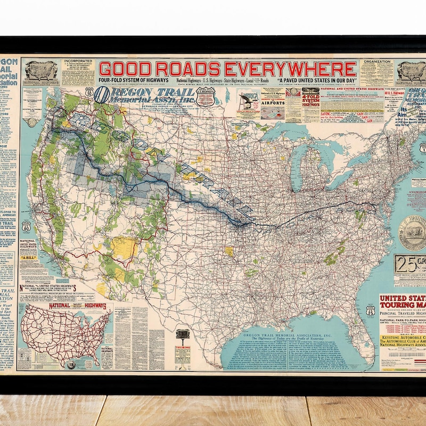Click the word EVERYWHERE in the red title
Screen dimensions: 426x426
point(290,69)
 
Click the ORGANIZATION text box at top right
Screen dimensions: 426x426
point(376,72)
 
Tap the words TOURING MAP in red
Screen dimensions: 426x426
point(403,305)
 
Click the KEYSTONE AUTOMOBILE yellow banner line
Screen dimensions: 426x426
point(403,338)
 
